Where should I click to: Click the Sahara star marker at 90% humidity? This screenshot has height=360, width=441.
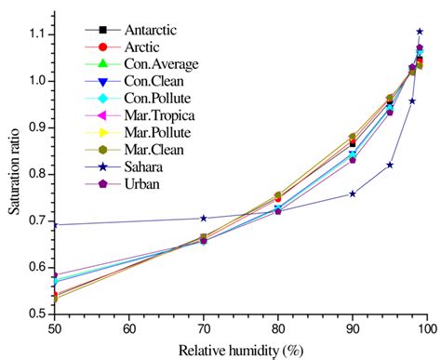pyautogui.click(x=353, y=193)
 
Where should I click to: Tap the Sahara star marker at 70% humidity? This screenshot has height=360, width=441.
pyautogui.click(x=204, y=219)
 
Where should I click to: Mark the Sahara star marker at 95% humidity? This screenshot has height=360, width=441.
pyautogui.click(x=390, y=165)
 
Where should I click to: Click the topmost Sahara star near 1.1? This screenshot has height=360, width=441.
pyautogui.click(x=420, y=32)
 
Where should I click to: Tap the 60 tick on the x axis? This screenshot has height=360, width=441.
pyautogui.click(x=129, y=328)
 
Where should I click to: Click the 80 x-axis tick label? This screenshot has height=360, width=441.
pyautogui.click(x=278, y=328)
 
